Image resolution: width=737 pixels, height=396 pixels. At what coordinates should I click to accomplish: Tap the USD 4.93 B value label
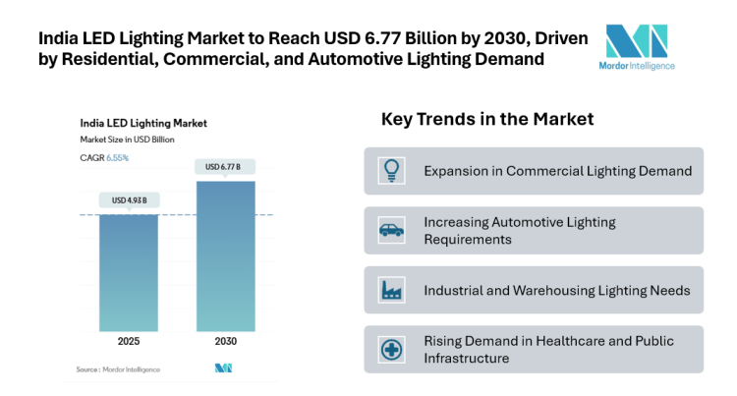tap(129, 200)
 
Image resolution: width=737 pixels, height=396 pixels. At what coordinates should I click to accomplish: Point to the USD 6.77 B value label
tap(225, 167)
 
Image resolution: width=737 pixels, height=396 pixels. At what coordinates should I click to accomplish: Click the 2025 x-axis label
tap(129, 342)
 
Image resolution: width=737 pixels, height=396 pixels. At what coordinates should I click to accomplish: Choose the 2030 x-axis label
tap(225, 342)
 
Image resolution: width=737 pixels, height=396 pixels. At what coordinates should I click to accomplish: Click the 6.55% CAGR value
tap(117, 157)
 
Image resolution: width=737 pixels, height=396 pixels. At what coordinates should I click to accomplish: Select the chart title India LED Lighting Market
tap(142, 124)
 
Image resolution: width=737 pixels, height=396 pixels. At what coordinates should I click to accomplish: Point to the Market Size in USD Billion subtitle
tap(127, 140)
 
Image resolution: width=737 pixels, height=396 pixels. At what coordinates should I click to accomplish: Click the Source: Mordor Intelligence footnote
tap(118, 368)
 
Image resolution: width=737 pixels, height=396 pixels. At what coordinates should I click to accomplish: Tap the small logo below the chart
tap(223, 368)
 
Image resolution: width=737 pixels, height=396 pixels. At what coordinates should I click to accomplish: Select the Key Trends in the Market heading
tap(487, 119)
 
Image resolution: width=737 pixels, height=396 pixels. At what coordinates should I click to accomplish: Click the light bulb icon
tap(390, 171)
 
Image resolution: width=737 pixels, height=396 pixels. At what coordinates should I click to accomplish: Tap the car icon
tap(390, 231)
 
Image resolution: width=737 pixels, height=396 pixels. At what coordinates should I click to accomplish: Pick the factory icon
tap(390, 290)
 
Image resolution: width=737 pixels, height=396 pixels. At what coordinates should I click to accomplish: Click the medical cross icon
tap(390, 350)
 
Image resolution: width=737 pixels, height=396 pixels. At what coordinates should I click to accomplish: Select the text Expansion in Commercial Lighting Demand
tap(557, 171)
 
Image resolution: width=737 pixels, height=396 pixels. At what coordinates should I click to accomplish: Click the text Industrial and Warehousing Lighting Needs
tap(556, 290)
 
